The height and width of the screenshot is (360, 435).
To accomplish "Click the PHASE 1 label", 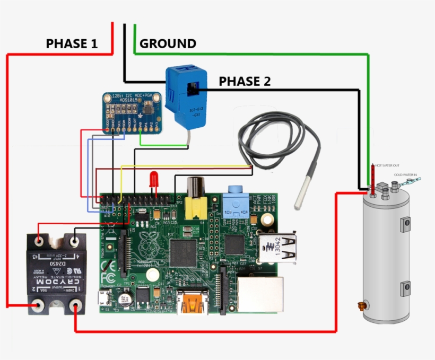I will click(x=72, y=43).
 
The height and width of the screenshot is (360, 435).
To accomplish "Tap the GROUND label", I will click(x=168, y=43).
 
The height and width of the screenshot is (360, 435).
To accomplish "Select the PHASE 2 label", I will click(x=245, y=81).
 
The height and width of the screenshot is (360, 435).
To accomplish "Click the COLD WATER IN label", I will click(x=405, y=174).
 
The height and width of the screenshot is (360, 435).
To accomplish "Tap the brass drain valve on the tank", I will click(x=362, y=306).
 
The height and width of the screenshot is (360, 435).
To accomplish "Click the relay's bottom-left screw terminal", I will click(x=38, y=305).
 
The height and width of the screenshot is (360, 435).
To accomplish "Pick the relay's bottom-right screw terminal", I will click(x=76, y=305).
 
